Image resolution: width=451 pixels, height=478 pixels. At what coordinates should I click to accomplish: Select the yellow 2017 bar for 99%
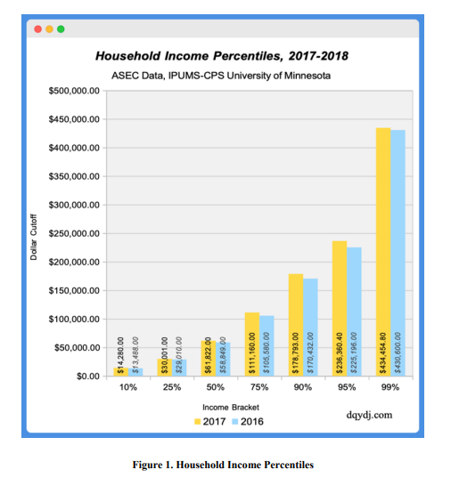[383, 249]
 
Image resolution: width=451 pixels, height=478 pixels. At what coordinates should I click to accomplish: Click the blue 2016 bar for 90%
[310, 326]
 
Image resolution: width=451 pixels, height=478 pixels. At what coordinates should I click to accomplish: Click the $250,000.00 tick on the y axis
[75, 234]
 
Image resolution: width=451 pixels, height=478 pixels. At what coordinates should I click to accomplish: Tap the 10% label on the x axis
[127, 389]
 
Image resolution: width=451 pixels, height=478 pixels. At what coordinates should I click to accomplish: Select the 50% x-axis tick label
[215, 389]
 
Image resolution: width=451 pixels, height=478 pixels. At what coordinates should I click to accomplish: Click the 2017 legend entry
[209, 420]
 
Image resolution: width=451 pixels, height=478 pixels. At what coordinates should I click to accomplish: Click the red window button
[38, 28]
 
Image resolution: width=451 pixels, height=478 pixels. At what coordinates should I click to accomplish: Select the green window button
[61, 28]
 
